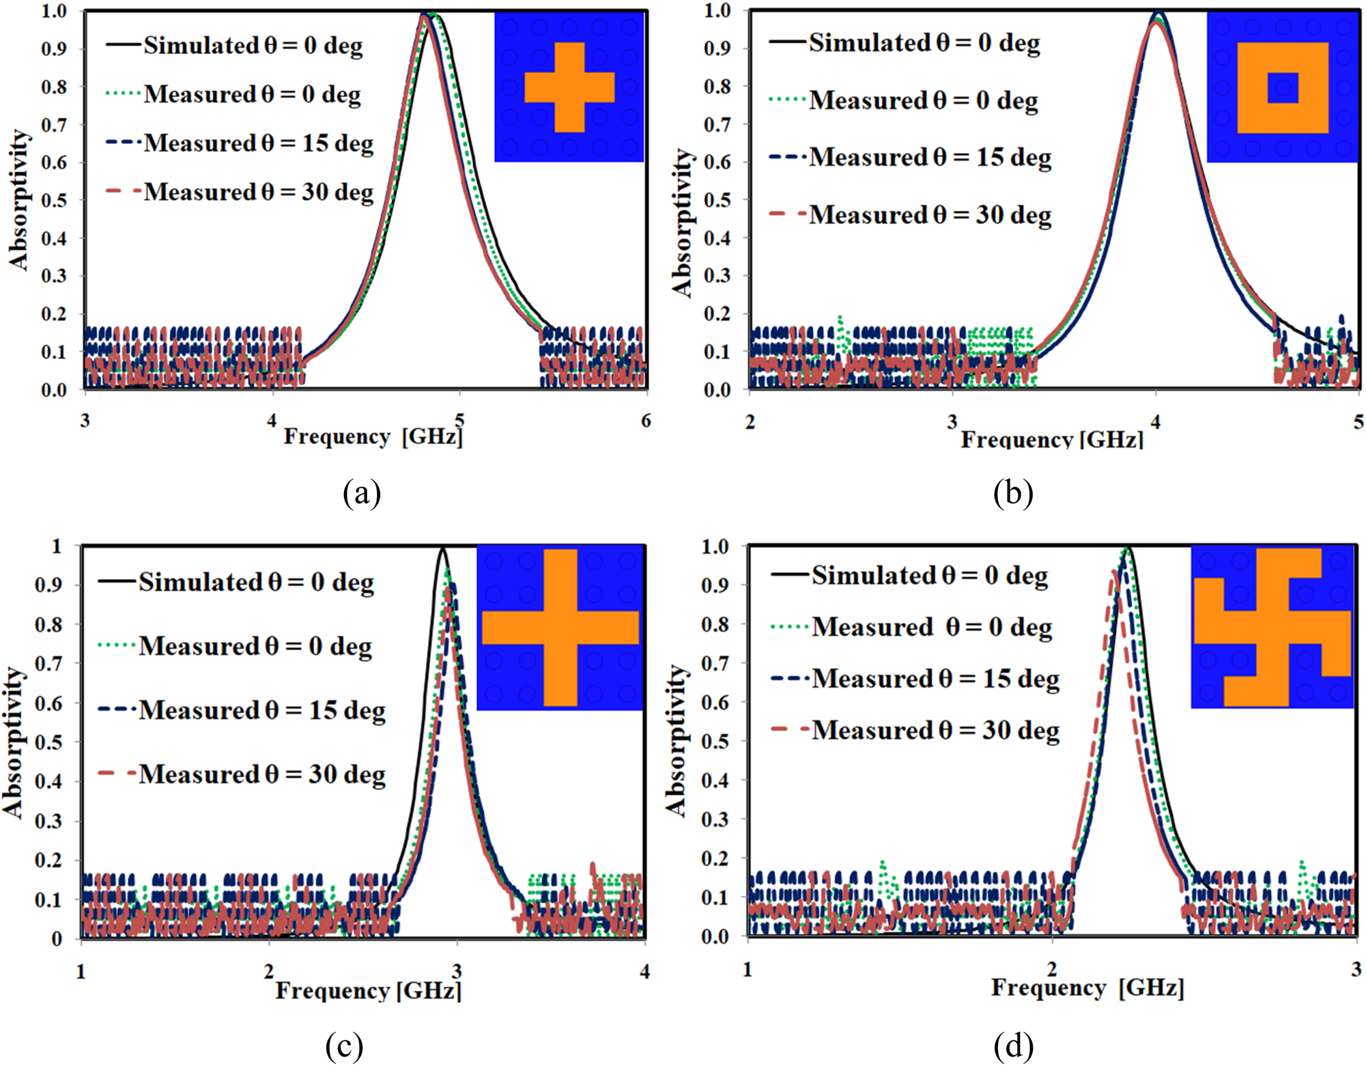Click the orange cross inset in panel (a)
[x=569, y=87]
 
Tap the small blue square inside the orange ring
[x=1283, y=87]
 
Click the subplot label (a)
[x=362, y=492]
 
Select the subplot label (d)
[x=1014, y=1045]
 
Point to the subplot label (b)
[x=1013, y=492]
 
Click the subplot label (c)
[x=344, y=1045]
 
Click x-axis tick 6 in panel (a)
[x=646, y=421]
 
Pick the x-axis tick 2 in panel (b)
[x=750, y=422]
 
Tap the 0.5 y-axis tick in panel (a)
[x=54, y=201]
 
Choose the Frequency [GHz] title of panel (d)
[x=1087, y=987]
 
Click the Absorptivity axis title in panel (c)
[x=13, y=742]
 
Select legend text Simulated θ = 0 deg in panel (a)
[x=253, y=46]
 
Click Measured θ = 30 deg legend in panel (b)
[x=930, y=215]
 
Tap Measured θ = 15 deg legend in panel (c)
[x=261, y=710]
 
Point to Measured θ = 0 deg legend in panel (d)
[x=931, y=627]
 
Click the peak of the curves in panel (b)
[x=1156, y=15]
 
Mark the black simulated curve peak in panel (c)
[x=443, y=548]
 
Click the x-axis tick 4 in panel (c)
[x=644, y=971]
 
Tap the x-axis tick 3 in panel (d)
[x=1355, y=970]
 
